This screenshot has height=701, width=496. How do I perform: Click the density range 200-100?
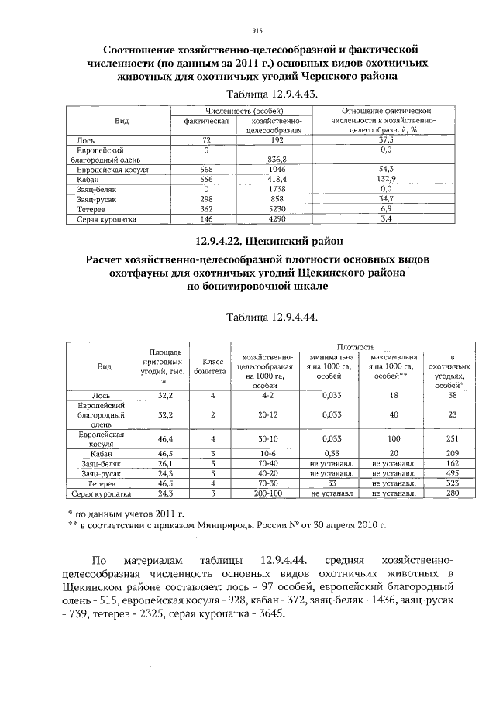(x=266, y=493)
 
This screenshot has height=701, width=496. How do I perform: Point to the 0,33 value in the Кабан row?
(x=332, y=453)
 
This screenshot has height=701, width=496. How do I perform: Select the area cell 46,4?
(x=164, y=439)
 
